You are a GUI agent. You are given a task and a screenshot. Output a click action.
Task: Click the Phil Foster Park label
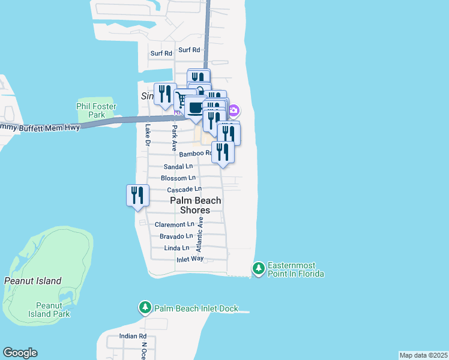[97, 110]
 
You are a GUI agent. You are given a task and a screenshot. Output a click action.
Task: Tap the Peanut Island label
[32, 281]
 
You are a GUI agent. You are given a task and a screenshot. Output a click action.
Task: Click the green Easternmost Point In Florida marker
[259, 268]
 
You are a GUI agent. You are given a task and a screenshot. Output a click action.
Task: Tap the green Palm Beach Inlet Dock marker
[145, 308]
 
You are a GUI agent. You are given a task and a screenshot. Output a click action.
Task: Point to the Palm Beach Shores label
[195, 205]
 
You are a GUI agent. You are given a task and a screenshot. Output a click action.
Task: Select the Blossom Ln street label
[178, 178]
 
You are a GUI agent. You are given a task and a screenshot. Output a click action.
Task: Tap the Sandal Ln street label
[178, 167]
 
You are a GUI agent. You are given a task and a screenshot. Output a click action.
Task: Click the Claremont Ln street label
[175, 224]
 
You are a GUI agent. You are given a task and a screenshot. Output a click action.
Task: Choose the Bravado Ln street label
[176, 236]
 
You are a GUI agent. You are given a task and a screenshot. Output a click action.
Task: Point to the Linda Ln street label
[176, 248]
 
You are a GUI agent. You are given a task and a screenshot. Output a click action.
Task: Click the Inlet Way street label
[190, 259]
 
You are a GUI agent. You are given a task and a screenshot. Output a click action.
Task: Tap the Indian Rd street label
[133, 336]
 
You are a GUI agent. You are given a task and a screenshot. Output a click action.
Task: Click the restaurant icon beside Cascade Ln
[137, 196]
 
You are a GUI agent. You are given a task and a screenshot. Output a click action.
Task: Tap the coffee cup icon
[195, 108]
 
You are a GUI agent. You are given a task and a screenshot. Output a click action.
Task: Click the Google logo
[20, 353]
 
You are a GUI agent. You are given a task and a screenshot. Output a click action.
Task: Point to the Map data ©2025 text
[423, 355]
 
